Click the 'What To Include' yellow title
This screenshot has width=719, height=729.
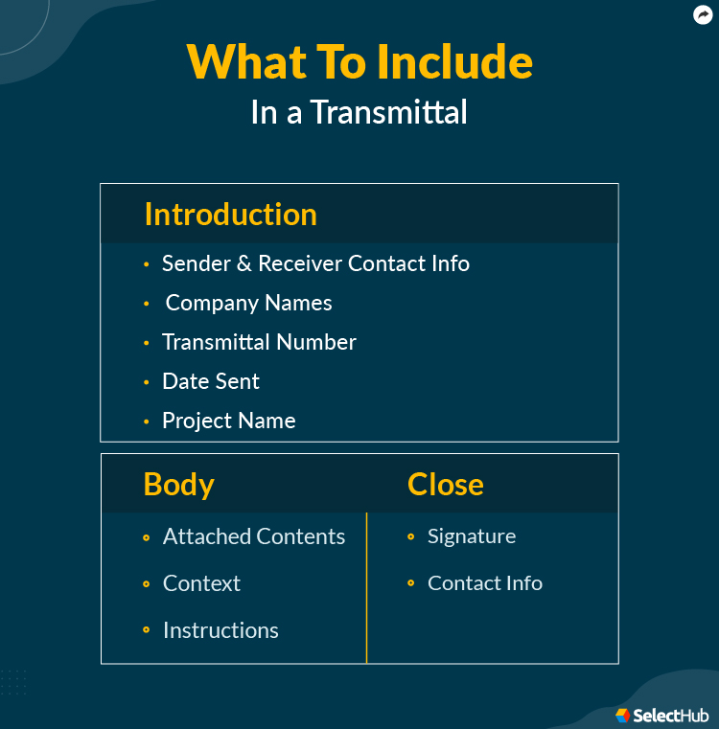click(359, 62)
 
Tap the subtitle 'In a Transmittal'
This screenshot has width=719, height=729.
click(359, 112)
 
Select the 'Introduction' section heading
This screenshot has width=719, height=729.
click(230, 215)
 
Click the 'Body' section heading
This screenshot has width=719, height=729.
click(178, 484)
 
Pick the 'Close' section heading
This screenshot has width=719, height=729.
click(445, 484)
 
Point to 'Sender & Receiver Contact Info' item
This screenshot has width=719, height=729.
click(315, 263)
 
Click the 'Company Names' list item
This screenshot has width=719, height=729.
click(248, 303)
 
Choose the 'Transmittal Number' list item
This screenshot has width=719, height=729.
click(259, 342)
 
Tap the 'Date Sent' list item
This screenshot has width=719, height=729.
click(211, 381)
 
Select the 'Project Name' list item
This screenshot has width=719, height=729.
click(228, 421)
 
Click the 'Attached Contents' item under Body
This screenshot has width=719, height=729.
click(254, 536)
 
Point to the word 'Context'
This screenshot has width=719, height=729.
click(201, 583)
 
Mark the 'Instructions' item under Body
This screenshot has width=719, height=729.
click(220, 630)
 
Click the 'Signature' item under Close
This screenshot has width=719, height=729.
click(472, 536)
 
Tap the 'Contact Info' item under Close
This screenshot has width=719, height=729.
click(485, 583)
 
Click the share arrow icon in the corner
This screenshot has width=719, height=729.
click(703, 15)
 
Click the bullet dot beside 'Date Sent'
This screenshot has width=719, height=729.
click(147, 382)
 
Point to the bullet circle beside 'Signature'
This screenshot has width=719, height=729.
click(411, 537)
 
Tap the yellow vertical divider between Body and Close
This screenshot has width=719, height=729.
click(366, 586)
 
